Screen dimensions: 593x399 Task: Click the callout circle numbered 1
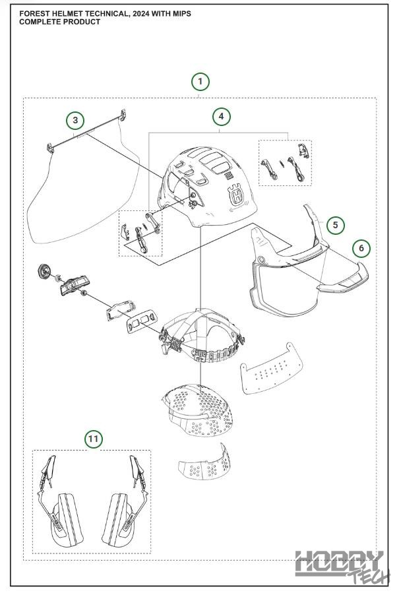pos(200,82)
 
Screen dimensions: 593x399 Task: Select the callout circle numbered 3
pos(76,120)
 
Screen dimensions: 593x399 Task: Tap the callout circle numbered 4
pos(222,117)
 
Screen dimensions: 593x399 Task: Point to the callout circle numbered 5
pos(335,225)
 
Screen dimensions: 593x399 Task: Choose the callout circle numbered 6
pos(361,249)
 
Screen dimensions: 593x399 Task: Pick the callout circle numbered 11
pos(94,438)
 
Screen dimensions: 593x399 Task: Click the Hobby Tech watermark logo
pos(339,565)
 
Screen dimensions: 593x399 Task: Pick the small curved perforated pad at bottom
pos(206,464)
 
